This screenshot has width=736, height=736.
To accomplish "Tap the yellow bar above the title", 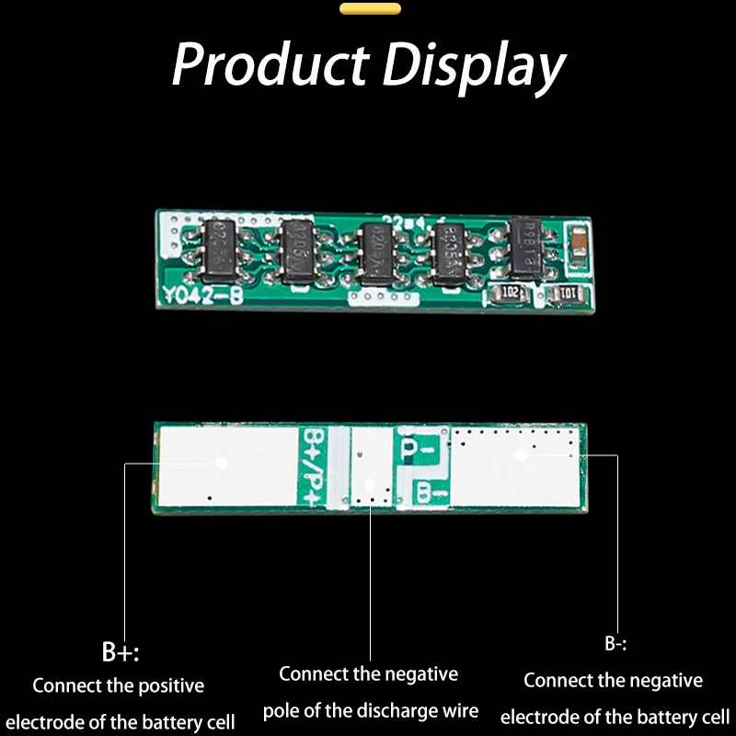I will pyautogui.click(x=370, y=9).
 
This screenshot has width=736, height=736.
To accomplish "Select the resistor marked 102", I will pyautogui.click(x=512, y=293).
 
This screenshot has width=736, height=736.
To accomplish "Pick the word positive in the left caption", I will pyautogui.click(x=169, y=685).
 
